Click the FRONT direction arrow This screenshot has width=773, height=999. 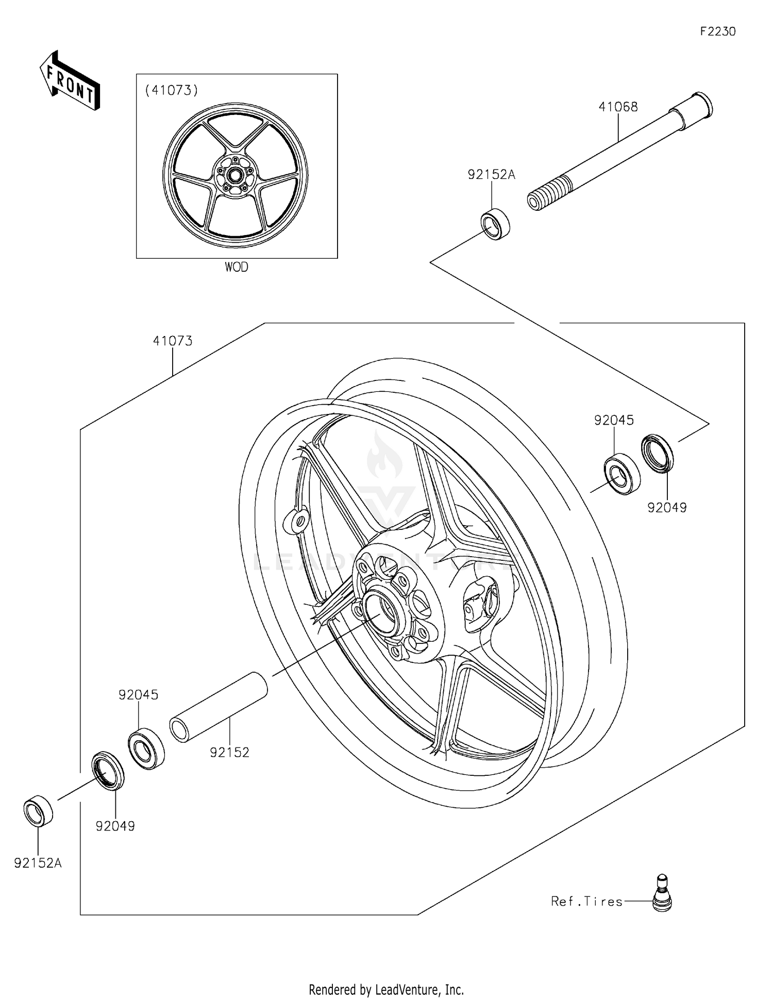[70, 81]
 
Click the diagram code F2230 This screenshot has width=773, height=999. [717, 31]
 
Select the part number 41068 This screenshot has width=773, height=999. [618, 107]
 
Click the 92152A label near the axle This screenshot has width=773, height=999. [491, 175]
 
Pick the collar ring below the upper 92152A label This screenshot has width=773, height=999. [495, 223]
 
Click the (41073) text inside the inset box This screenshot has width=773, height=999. [172, 90]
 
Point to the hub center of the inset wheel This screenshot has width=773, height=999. [235, 175]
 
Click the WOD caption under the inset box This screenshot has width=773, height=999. [236, 267]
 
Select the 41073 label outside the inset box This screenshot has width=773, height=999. [173, 341]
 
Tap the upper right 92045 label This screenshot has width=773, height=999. [614, 420]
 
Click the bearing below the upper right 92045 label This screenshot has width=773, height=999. [621, 474]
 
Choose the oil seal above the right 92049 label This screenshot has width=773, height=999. [657, 453]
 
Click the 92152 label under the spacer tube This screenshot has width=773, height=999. [229, 753]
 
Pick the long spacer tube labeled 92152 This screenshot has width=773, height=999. [219, 707]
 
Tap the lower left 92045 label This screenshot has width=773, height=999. [138, 695]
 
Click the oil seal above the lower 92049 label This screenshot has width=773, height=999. [108, 771]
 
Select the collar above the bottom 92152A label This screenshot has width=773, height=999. [38, 811]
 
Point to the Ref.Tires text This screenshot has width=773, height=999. [586, 902]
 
